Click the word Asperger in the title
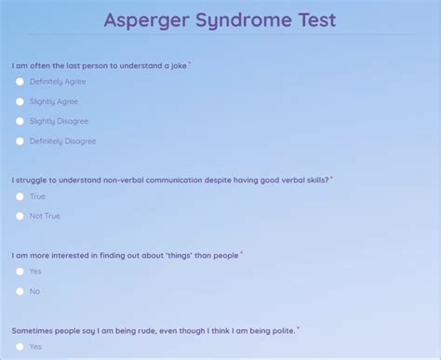point(146,20)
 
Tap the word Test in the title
point(317,20)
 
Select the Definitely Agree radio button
point(20,82)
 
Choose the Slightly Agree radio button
point(20,101)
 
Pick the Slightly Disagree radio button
point(20,121)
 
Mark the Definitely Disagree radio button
point(20,141)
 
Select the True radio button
point(20,196)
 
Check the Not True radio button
point(20,216)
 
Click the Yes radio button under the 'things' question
point(20,272)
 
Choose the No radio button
point(20,291)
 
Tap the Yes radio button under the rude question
point(20,347)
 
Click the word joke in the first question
point(179,66)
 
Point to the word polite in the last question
point(283,331)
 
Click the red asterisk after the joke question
point(190,63)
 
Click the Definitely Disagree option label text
point(63,141)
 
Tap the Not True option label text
point(45,216)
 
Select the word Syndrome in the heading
point(244,21)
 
